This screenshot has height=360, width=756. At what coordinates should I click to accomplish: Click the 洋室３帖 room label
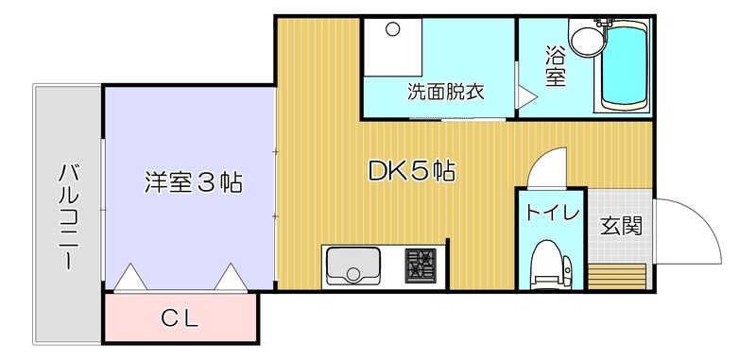click(x=194, y=181)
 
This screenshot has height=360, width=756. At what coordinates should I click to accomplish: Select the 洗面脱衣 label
click(x=445, y=93)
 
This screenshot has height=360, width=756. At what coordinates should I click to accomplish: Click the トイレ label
click(x=552, y=213)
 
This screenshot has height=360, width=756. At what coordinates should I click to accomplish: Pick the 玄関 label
click(x=622, y=227)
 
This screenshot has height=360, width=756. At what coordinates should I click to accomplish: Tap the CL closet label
click(x=179, y=318)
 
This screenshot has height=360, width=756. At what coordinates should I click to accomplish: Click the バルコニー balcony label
click(x=66, y=217)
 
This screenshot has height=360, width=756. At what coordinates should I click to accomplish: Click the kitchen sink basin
click(x=353, y=266)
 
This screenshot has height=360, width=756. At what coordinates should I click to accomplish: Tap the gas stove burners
click(x=421, y=265)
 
